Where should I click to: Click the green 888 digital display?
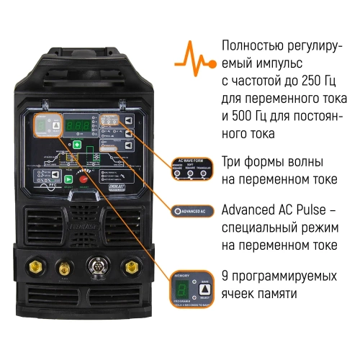[77, 126]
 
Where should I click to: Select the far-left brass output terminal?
[34, 266]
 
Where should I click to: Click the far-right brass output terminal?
[130, 266]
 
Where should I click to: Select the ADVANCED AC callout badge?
[191, 211]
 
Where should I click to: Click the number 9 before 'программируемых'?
[225, 276]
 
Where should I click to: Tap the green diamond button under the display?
[77, 144]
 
